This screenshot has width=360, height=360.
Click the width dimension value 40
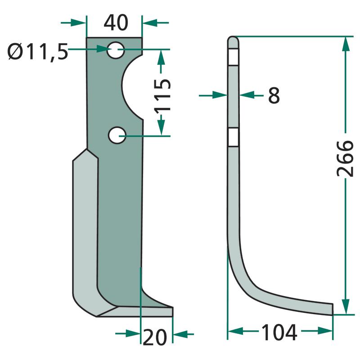click(116, 22)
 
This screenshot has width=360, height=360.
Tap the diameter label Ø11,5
click(38, 52)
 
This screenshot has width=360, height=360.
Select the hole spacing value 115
click(163, 95)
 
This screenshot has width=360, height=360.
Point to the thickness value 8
click(274, 95)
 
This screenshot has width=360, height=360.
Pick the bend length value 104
click(279, 332)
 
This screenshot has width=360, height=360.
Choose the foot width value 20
click(154, 337)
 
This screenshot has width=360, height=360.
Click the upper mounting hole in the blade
click(116, 50)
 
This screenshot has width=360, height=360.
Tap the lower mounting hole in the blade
click(117, 135)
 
